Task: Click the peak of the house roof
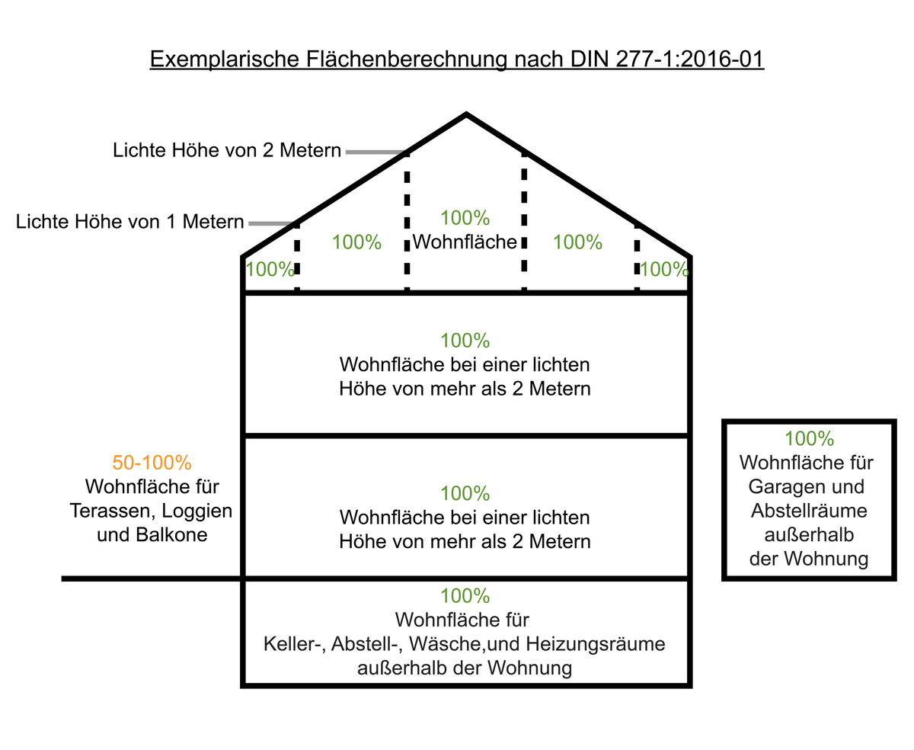[466, 114]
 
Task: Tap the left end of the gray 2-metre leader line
[347, 152]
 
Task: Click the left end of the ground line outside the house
[62, 579]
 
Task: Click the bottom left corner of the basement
[243, 686]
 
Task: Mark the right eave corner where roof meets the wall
[689, 257]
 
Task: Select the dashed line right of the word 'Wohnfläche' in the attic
[524, 221]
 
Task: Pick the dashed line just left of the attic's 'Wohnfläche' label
[407, 221]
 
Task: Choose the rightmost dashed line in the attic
[637, 257]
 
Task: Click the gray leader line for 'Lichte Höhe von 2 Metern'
[376, 152]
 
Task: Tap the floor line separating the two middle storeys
[466, 436]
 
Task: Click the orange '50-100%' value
[152, 463]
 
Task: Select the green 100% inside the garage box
[809, 439]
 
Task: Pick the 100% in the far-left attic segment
[270, 269]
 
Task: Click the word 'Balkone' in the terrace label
[171, 534]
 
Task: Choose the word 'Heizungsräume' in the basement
[596, 644]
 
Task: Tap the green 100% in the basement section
[465, 596]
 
